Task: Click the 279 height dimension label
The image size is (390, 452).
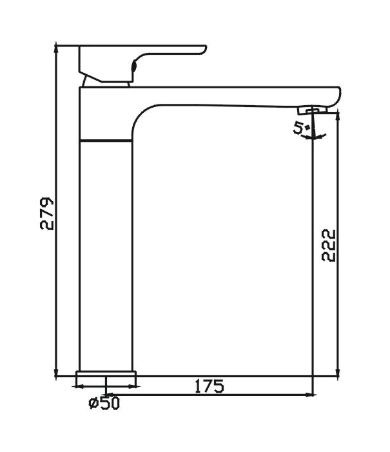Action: [47, 213]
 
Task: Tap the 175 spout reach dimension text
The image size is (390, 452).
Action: [209, 386]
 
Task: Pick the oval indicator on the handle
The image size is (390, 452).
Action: [135, 64]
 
